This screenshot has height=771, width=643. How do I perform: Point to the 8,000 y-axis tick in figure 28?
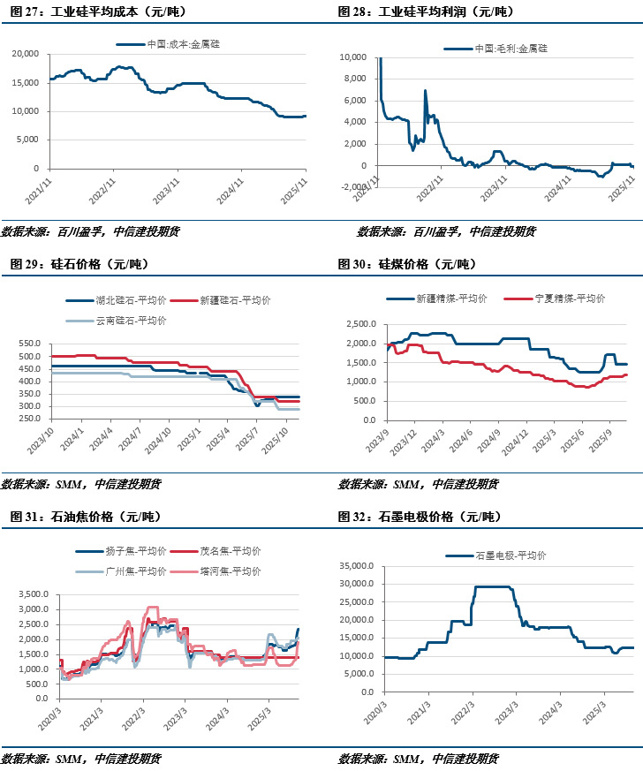pyautogui.click(x=352, y=79)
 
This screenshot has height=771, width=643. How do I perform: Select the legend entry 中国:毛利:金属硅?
pyautogui.click(x=517, y=48)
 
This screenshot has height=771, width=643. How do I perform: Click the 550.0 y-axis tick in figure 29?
pyautogui.click(x=29, y=344)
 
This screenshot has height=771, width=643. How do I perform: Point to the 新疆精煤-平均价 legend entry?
pyautogui.click(x=452, y=299)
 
